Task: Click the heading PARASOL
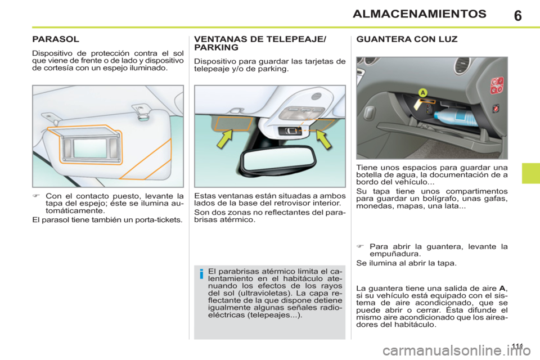pos(55,40)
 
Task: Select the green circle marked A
pos(422,92)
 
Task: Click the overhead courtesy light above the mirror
pos(304,112)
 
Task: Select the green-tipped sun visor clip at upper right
pos(142,115)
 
